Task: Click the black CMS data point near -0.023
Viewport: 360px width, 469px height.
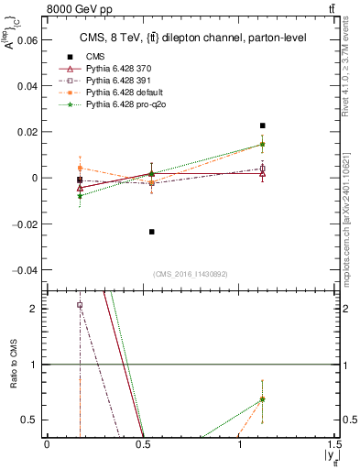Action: [151, 232]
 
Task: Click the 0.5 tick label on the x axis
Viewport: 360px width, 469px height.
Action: [142, 445]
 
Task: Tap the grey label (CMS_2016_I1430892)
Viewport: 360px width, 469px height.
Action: [191, 274]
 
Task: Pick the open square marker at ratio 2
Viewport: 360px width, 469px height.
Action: [80, 305]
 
